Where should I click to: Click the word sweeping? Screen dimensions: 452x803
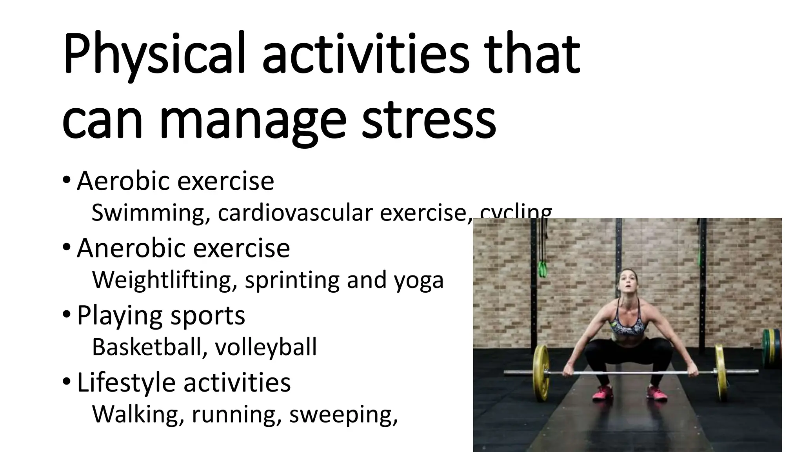click(343, 414)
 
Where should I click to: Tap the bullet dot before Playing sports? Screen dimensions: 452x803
click(67, 314)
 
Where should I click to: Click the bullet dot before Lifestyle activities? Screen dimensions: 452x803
click(67, 381)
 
